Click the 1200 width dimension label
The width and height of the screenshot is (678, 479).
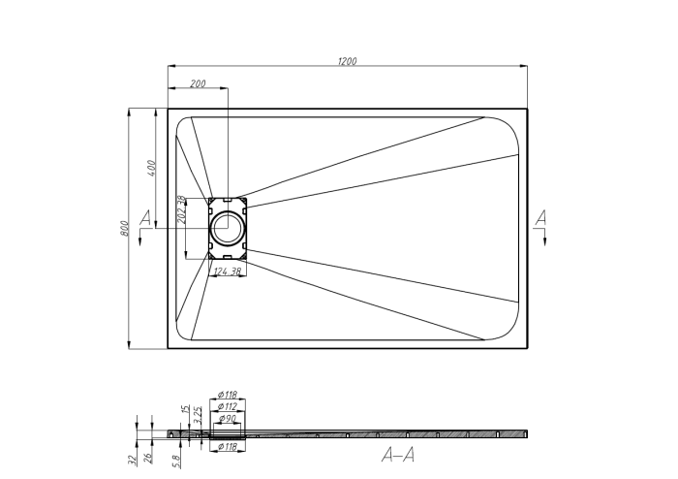point(348,61)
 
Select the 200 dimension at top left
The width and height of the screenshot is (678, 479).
point(198,84)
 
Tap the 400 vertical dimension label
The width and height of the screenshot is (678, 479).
point(150,166)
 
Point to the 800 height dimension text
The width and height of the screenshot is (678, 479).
point(124,228)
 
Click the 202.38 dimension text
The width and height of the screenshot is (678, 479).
point(181,210)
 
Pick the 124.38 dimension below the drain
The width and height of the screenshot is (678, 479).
point(229,271)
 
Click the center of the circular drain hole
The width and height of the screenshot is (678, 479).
point(229,229)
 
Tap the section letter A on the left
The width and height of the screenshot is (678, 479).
point(146,217)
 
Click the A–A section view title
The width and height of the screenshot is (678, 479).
point(392,454)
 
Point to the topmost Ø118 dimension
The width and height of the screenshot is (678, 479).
point(229,395)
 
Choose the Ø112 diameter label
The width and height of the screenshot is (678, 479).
point(229,406)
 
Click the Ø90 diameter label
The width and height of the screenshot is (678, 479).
point(230,418)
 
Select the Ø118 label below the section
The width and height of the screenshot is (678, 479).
point(228,447)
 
